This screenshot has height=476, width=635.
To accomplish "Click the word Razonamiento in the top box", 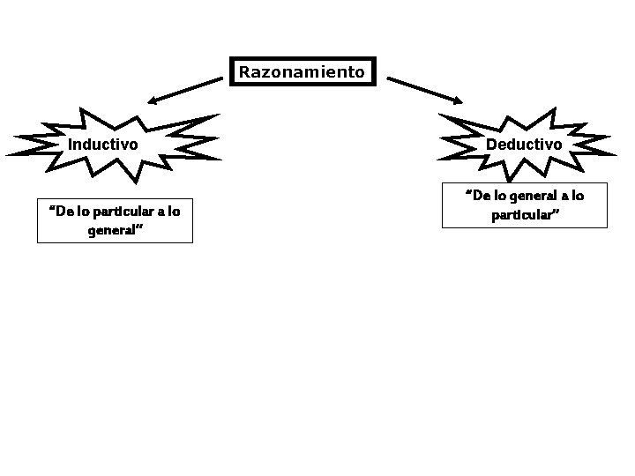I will [x=302, y=72].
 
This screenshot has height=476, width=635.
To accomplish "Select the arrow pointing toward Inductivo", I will [x=185, y=90].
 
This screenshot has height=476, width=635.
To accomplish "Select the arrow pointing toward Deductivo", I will [x=424, y=90].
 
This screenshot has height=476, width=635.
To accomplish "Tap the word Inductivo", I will [x=103, y=144].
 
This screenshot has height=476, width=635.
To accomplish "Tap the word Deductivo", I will [x=524, y=144].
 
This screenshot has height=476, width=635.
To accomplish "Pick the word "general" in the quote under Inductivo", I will [x=109, y=231].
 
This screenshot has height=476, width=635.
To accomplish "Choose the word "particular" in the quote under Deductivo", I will [x=521, y=214].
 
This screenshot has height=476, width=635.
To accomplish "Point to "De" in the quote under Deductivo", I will [x=480, y=196].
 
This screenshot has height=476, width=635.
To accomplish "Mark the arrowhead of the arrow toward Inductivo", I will [x=152, y=102].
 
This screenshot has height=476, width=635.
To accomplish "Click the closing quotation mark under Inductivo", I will [x=139, y=228].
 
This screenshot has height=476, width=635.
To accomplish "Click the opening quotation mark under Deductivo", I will [x=467, y=193].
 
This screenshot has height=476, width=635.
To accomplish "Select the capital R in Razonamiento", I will [x=244, y=72].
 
